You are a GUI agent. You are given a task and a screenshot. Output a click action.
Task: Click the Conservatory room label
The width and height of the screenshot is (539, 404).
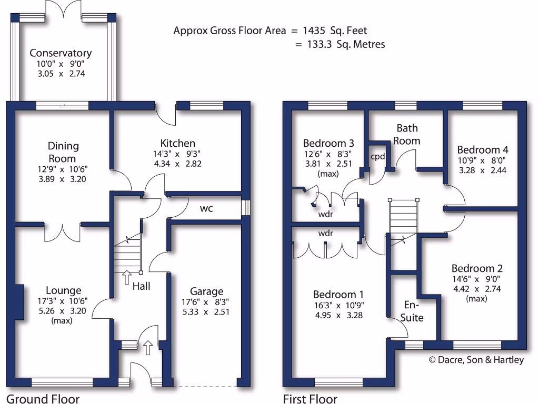point(61,53)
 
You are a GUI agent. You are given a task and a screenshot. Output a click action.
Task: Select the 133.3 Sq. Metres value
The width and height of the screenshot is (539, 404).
point(346,45)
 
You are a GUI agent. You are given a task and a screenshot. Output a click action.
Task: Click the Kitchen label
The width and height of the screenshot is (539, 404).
point(177,143)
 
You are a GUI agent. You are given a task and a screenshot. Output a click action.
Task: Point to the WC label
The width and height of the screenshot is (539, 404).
point(206,209)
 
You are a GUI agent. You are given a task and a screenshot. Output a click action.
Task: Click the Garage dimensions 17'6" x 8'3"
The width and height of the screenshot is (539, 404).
point(206,302)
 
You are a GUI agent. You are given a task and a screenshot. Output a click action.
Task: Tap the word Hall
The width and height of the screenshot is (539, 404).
point(141,286)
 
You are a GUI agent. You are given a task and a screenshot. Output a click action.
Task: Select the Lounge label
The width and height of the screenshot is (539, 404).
point(63,290)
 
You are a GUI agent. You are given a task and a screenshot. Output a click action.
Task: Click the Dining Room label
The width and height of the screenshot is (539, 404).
point(63,152)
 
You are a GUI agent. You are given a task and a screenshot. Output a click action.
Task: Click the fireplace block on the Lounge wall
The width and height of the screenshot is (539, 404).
point(19,302)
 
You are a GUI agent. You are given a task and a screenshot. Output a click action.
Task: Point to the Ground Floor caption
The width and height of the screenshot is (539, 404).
point(43,398)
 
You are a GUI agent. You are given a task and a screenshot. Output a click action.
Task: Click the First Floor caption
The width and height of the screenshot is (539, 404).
point(310,398)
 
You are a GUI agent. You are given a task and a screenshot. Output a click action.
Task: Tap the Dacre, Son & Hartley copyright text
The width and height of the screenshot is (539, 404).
point(476,360)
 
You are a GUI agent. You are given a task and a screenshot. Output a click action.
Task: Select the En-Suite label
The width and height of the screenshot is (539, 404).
point(413,311)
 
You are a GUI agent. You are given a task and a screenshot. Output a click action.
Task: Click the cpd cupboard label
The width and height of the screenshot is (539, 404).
point(378,157)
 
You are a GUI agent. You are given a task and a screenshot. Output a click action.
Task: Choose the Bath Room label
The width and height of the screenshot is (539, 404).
point(407,134)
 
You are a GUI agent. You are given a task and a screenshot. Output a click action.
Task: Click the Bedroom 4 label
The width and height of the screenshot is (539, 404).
point(483,149)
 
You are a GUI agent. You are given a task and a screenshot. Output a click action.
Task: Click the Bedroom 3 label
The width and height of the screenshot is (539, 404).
point(328,143)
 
